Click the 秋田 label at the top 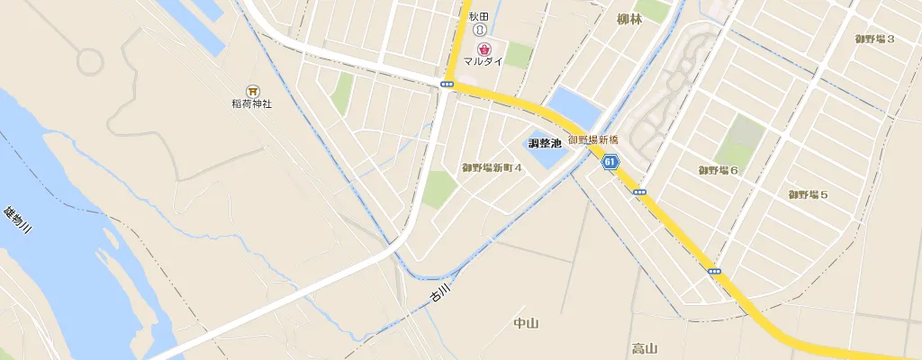point(478,16)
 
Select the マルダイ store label point(484,61)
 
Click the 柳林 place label point(629,19)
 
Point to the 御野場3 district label point(874,38)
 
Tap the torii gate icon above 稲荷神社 point(252,90)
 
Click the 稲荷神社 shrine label point(251,103)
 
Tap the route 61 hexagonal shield point(610,162)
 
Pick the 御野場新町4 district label point(492,167)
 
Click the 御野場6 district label point(718,170)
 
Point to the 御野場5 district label point(808,194)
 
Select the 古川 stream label point(438,292)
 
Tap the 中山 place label point(525,323)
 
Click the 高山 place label point(645,348)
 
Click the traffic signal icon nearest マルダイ point(447,84)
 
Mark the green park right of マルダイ point(519,54)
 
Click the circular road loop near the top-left point(89,61)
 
